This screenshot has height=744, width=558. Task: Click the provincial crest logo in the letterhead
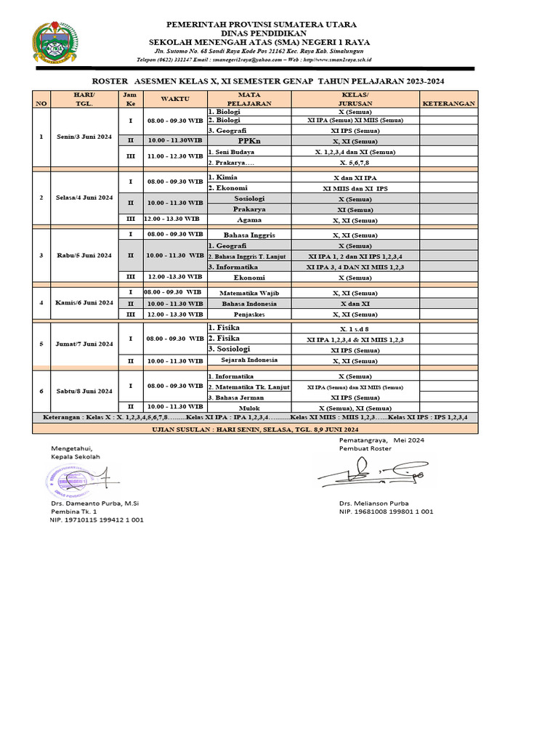[54, 44]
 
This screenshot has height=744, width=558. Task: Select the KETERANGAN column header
[449, 103]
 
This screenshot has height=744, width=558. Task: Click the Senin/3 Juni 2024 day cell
[85, 137]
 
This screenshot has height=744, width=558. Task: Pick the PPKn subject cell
[248, 141]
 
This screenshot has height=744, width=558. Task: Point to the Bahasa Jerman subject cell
[237, 397]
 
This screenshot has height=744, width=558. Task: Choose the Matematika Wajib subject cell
[248, 293]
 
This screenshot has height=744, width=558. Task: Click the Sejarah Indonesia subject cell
[248, 360]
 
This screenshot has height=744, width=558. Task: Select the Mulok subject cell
[248, 408]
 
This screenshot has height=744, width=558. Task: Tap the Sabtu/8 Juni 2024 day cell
[85, 391]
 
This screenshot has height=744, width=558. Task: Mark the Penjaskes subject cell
[248, 315]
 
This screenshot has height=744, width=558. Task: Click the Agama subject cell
[248, 219]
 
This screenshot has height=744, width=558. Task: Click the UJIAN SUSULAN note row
[254, 430]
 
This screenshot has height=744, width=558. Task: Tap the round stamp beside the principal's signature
[67, 481]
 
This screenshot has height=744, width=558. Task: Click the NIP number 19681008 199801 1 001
[386, 511]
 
